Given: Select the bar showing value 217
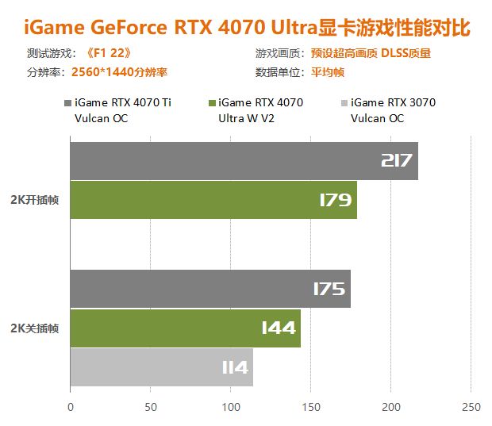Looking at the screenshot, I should click(244, 161).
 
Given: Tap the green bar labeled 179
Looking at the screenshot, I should click(213, 200).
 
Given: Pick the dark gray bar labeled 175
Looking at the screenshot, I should click(210, 289).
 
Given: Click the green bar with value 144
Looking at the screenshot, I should click(186, 328).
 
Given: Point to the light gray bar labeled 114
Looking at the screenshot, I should click(162, 367).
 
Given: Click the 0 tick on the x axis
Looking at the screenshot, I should click(71, 408).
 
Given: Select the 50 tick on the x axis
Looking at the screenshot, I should click(151, 408).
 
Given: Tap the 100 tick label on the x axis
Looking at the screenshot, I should click(231, 408).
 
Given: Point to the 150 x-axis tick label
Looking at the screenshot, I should click(311, 408).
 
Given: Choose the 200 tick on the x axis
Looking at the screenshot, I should click(391, 408).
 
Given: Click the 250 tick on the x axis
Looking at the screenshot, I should click(471, 408).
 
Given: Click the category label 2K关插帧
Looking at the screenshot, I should click(36, 328).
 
